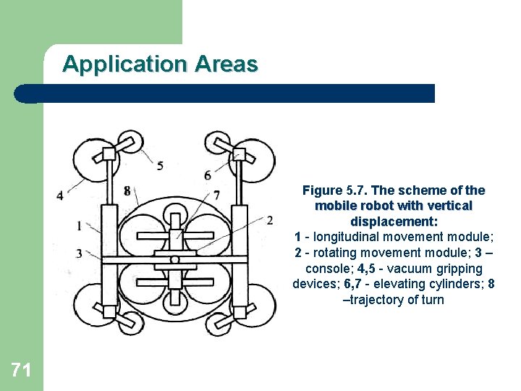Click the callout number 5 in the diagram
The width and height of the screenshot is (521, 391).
point(160,166)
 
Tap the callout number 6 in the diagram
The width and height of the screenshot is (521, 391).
point(208,175)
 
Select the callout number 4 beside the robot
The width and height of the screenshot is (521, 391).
point(59,195)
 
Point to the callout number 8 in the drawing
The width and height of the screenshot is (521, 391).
point(127,191)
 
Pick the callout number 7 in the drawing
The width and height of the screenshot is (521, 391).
point(217,195)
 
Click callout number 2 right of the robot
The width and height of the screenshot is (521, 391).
point(269,219)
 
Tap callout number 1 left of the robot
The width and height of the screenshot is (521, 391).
point(78,226)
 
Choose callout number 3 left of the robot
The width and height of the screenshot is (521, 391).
point(78,253)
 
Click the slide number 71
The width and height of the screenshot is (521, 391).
point(21,371)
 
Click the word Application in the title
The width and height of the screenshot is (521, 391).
point(124,64)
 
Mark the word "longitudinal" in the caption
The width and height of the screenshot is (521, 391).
point(347,237)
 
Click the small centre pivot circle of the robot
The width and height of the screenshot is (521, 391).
point(174,259)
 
